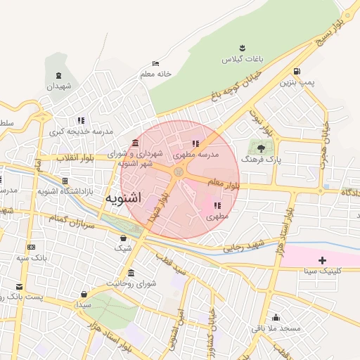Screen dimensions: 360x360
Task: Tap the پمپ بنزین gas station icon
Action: point(297,71)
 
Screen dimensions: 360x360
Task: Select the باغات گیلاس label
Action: point(242,60)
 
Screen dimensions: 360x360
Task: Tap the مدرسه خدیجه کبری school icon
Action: point(81,120)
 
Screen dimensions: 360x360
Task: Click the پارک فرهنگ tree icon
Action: point(261,148)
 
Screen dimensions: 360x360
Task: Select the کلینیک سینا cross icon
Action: point(322,260)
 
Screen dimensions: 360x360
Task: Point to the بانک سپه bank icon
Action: point(31,247)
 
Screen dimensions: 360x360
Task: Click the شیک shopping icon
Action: point(124,238)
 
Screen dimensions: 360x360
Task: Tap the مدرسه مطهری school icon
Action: point(195,144)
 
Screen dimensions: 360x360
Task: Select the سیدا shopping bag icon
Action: point(84,294)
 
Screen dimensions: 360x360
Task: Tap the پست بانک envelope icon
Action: point(19,287)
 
